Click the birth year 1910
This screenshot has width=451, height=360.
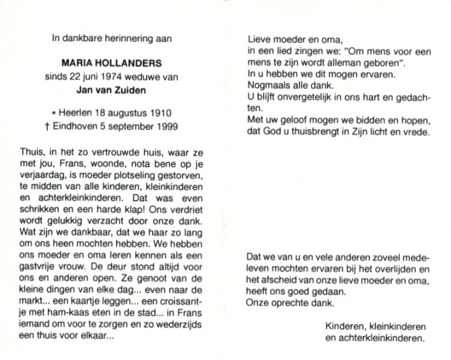point(158,113)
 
